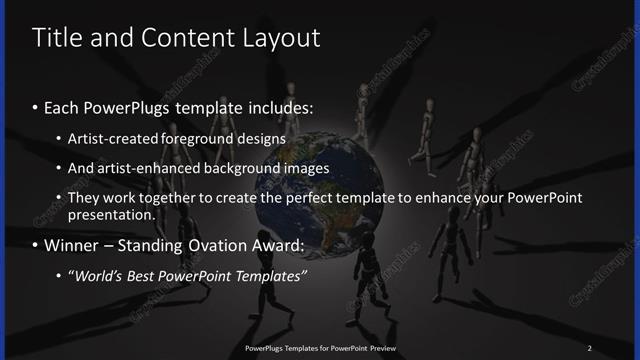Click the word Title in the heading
point(56,38)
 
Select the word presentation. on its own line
point(111,214)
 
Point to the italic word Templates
point(270,276)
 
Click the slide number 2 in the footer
point(589,348)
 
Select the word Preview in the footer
point(378,348)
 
